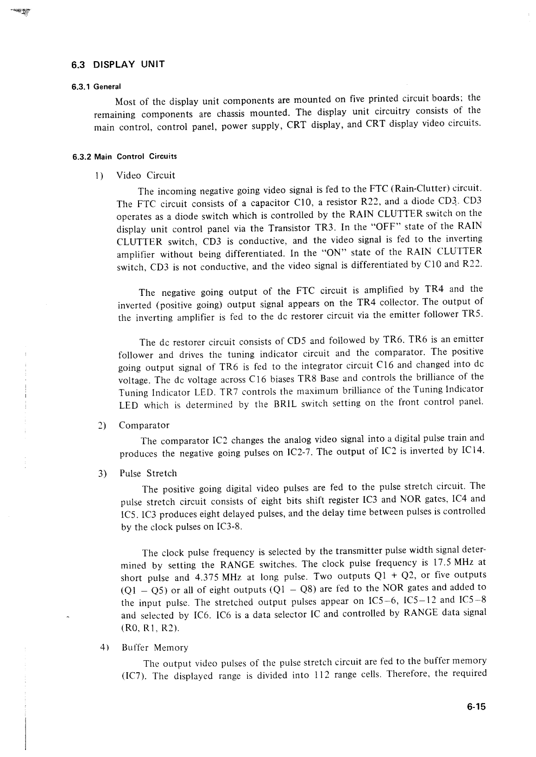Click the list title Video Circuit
(145, 175)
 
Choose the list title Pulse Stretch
(148, 473)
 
